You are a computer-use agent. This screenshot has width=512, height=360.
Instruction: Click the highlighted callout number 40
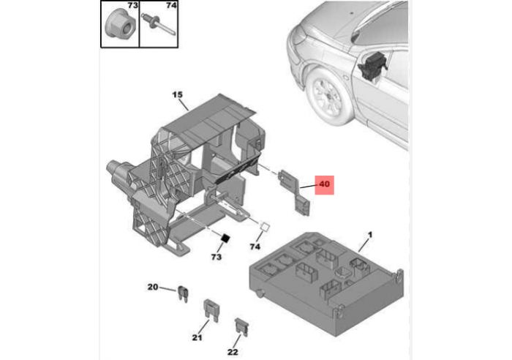(324, 184)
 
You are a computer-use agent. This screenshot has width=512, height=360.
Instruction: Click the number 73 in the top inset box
(132, 6)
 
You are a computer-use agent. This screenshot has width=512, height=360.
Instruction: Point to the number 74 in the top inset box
(171, 6)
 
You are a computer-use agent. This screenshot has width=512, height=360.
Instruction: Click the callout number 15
(177, 94)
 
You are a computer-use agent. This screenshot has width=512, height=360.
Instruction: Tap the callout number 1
(370, 235)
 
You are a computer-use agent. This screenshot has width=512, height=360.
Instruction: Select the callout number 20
(152, 287)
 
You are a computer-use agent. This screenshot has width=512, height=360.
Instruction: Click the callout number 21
(197, 338)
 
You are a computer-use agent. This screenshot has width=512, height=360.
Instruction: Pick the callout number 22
(233, 352)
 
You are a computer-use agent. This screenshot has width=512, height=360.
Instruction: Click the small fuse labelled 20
(183, 293)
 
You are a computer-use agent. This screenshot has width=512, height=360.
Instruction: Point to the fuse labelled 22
(241, 327)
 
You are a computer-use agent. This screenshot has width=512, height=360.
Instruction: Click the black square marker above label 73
(225, 239)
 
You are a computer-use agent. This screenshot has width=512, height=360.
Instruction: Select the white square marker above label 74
(265, 226)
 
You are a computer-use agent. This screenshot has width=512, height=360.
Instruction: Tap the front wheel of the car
(329, 96)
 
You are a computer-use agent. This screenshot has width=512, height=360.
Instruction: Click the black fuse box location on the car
(372, 64)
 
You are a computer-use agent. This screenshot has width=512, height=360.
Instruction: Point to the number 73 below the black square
(217, 257)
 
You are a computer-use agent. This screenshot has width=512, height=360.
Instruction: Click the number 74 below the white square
(255, 247)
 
